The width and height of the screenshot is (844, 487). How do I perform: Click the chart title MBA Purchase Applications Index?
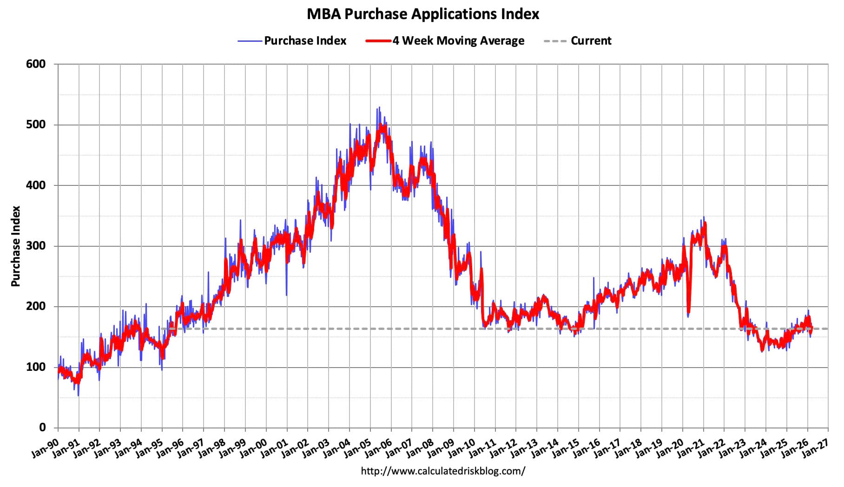(422, 14)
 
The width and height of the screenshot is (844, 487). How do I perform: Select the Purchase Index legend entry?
(305, 41)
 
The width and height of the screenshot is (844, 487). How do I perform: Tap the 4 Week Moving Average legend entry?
(458, 41)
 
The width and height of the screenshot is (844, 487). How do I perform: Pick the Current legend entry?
(590, 41)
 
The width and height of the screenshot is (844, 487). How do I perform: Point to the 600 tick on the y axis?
(36, 64)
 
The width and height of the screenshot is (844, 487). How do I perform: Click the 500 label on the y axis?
(36, 125)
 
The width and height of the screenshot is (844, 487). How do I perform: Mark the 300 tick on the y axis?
(36, 246)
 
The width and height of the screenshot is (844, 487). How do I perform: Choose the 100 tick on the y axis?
(36, 367)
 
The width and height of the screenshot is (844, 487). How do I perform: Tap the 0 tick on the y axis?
(42, 428)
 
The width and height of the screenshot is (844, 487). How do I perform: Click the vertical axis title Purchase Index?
(16, 246)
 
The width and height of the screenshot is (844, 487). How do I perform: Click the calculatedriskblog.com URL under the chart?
(443, 471)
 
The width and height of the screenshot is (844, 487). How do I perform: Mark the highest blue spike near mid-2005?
(379, 108)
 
